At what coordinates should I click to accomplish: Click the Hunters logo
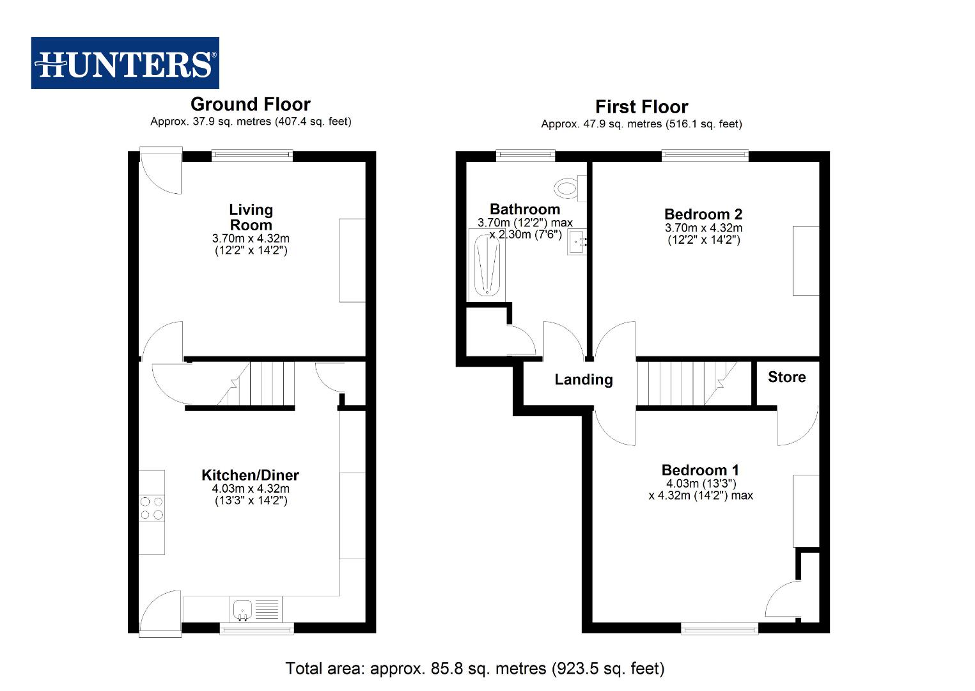125,63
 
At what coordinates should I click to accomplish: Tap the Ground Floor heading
251,104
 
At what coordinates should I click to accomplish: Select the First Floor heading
641,107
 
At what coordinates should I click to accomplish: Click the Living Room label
251,218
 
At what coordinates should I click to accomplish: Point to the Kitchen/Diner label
250,475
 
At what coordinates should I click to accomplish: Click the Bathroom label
525,209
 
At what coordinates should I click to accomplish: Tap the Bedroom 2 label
703,214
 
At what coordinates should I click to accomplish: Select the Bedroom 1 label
700,470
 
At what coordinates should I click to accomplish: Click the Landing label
583,379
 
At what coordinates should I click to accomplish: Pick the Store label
786,377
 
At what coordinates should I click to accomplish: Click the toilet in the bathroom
568,188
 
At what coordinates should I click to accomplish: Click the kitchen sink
244,610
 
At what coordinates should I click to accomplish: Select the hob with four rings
152,508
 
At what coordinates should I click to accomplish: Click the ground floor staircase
256,384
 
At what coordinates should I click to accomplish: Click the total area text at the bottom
475,669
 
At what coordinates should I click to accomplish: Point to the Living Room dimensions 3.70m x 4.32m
251,239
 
